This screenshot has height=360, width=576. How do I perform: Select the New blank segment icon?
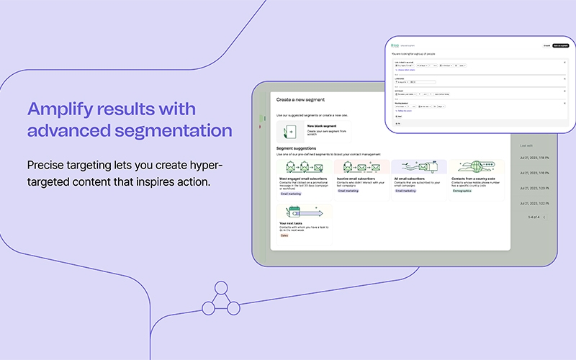291,131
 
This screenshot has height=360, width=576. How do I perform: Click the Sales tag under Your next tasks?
284,236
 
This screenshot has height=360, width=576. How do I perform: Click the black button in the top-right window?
559,45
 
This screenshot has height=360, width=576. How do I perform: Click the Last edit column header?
526,145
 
